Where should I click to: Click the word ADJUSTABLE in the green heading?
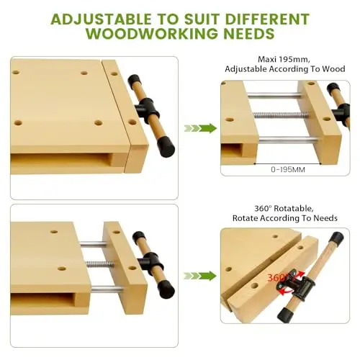point(101,19)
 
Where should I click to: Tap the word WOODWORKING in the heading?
point(153,34)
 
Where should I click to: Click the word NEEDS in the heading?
point(249,34)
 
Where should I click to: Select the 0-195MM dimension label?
point(288,170)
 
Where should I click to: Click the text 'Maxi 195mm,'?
point(284,59)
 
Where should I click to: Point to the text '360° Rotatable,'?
point(284,208)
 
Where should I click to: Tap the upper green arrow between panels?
point(200,128)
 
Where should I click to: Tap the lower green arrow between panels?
point(200,276)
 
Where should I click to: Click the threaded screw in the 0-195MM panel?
point(281,115)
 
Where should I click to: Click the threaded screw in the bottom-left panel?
point(100,264)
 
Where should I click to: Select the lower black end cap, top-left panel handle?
point(166,147)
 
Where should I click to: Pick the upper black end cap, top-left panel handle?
point(134,81)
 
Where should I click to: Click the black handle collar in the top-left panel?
point(147,109)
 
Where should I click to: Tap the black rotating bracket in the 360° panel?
point(297,284)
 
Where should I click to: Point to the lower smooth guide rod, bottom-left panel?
point(107,290)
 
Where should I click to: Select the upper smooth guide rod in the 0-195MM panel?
point(274,96)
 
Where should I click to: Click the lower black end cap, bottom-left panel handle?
point(166,289)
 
